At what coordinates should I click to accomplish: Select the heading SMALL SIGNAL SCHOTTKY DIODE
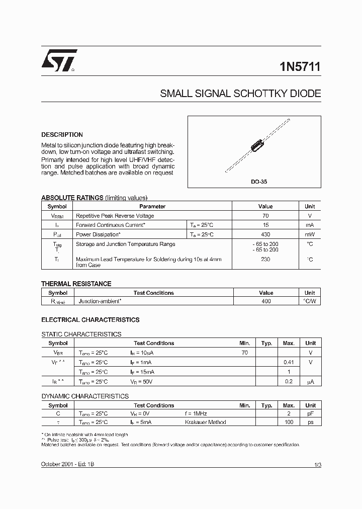coord(240,94)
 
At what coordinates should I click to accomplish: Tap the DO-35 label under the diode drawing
coord(259,182)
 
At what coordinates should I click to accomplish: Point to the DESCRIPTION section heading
coord(62,135)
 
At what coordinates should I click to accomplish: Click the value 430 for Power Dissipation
coord(265,234)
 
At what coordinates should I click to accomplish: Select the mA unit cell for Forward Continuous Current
coord(310,225)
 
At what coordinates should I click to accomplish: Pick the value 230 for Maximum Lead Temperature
coord(265,260)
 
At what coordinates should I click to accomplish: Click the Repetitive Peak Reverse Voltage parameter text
coord(115,216)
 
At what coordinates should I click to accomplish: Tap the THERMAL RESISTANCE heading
coord(76,284)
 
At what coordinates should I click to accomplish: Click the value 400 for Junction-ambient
coord(266,301)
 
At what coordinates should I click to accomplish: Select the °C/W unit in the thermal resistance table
coord(310,301)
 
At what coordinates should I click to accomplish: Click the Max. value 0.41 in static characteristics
coord(288,362)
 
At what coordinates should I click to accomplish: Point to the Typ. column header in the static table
coord(266,343)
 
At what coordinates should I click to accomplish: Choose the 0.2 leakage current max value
coord(288,382)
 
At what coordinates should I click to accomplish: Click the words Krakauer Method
coord(206,422)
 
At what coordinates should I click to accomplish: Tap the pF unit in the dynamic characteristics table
coord(310,413)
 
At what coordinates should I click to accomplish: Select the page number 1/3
coord(317,465)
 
